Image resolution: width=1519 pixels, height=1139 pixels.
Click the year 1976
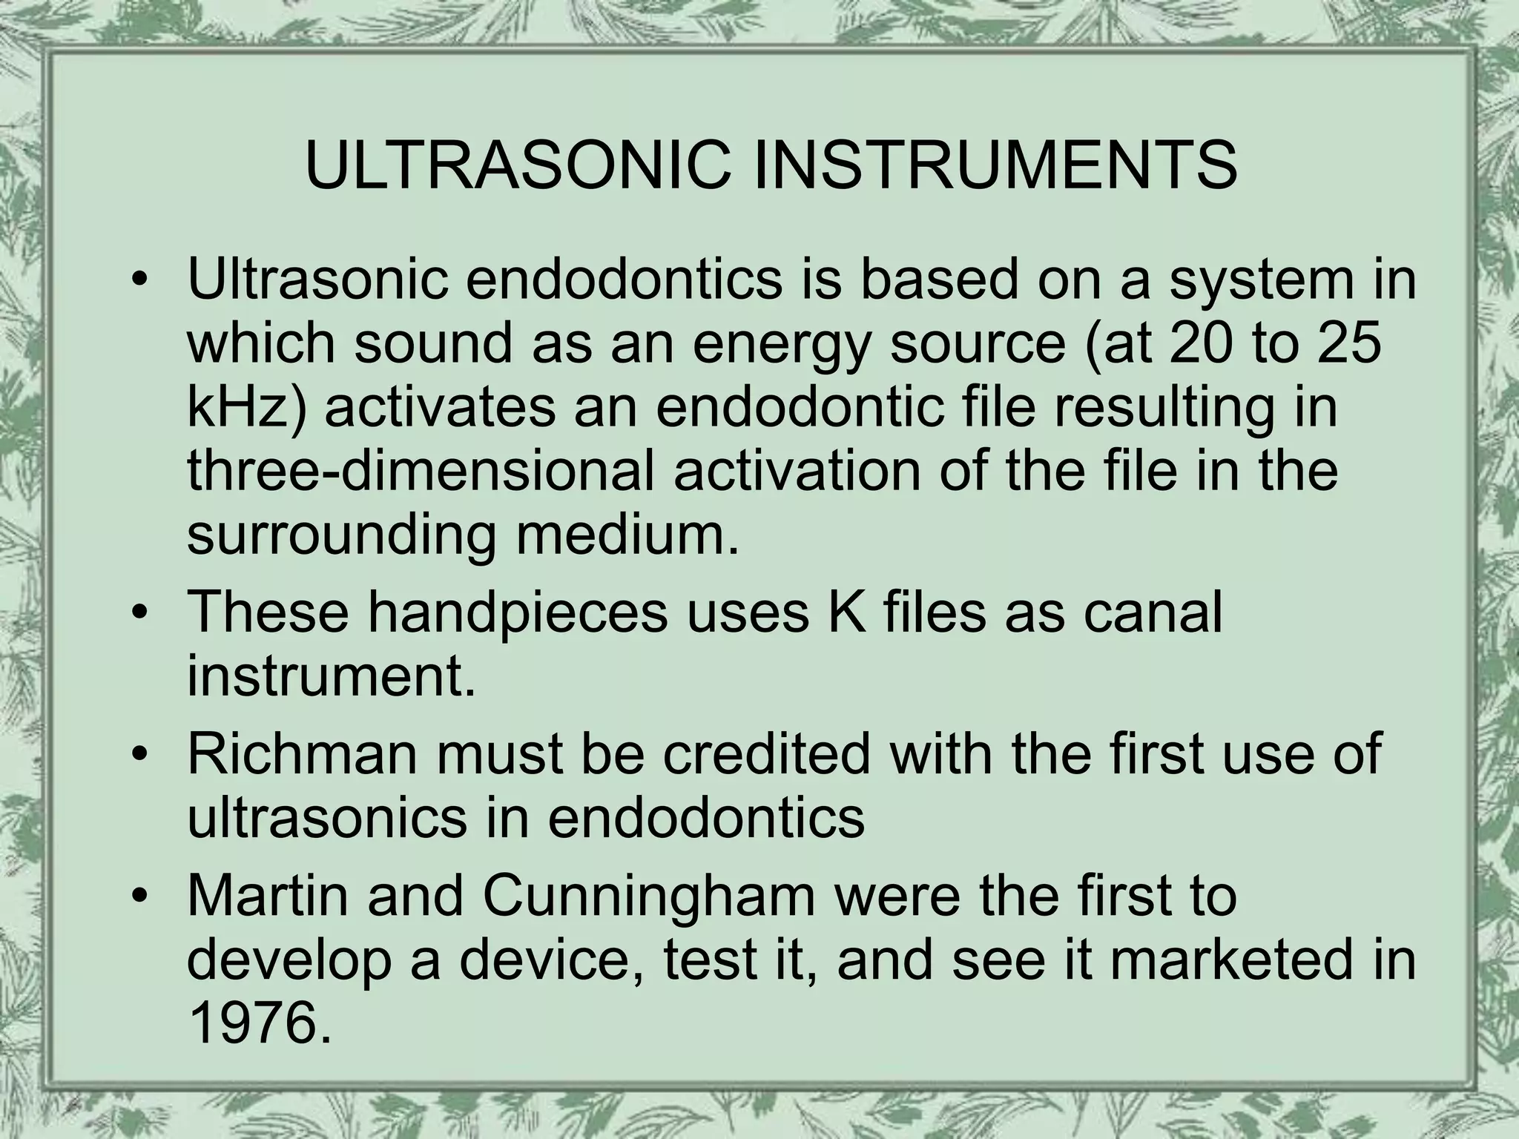[259, 1024]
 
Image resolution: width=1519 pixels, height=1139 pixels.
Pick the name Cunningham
[649, 896]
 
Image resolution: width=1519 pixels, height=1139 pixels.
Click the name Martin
[268, 896]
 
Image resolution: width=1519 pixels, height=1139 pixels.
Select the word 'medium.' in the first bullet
[627, 534]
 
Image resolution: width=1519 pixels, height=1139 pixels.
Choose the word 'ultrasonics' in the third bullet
[327, 819]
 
